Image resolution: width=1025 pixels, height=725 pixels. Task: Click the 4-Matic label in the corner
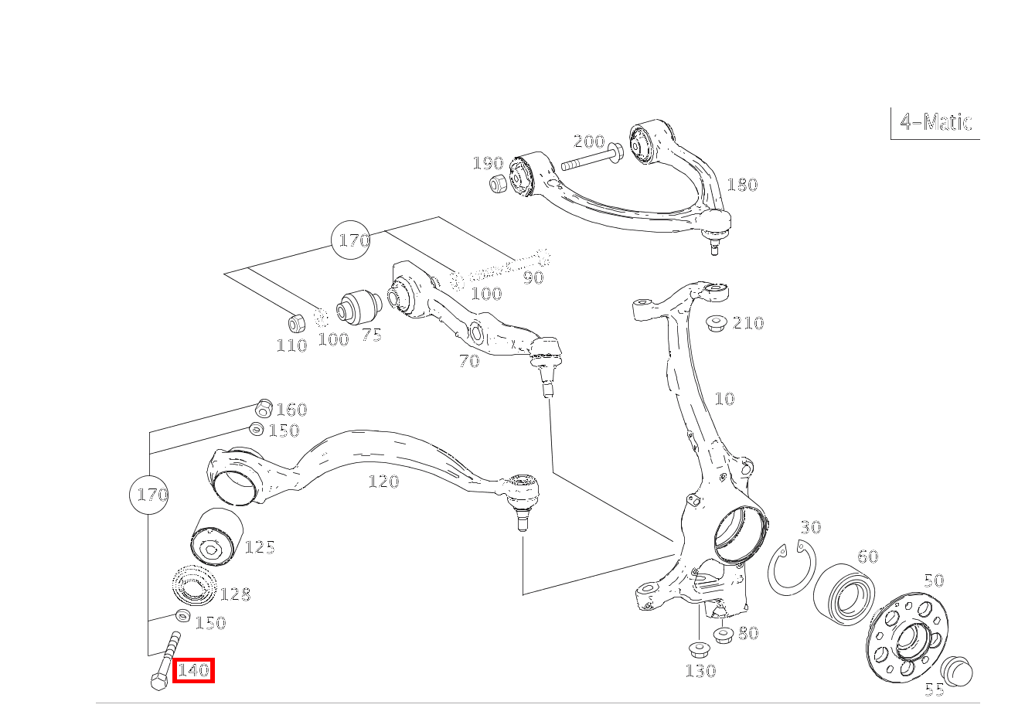tap(935, 122)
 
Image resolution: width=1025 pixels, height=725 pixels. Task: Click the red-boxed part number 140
tap(192, 670)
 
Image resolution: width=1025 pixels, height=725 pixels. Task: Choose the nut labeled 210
tap(715, 322)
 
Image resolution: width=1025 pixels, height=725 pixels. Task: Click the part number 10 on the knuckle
tap(724, 399)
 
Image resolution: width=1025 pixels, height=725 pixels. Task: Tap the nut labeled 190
tap(499, 183)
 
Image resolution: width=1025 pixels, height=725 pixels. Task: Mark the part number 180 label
tap(741, 185)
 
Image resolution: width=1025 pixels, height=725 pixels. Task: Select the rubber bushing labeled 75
tap(356, 307)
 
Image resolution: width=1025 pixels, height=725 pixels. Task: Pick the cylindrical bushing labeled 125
tap(216, 537)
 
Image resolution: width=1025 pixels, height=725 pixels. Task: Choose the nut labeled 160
tap(263, 407)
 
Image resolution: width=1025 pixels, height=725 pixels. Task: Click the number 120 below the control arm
tap(383, 482)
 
